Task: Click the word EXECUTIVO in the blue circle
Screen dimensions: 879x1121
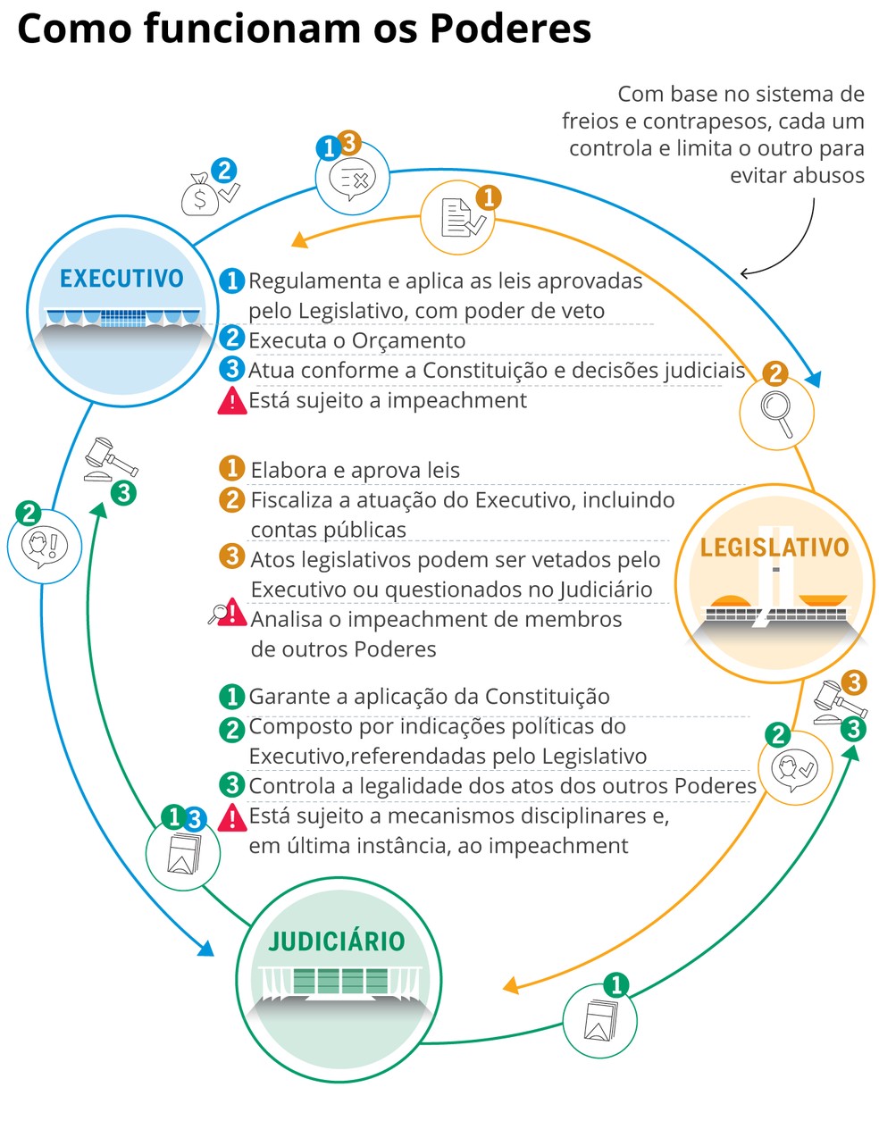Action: click(121, 279)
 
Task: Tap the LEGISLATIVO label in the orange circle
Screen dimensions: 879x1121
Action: click(774, 548)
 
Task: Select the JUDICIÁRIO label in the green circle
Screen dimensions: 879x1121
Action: click(337, 941)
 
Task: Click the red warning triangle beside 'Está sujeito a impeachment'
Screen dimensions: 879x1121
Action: click(232, 401)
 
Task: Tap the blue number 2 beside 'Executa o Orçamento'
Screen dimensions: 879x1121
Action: click(232, 339)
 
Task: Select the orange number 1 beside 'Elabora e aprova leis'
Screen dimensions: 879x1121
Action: click(232, 468)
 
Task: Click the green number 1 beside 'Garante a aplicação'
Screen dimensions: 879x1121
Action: click(232, 697)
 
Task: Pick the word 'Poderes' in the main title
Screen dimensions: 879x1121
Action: click(511, 29)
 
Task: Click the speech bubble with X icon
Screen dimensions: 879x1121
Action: click(352, 179)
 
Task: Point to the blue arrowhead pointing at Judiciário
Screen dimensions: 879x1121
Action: click(205, 947)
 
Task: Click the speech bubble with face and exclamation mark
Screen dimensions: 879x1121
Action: click(45, 546)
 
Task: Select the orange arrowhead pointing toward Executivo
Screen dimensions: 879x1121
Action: click(300, 240)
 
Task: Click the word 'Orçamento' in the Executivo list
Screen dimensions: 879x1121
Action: click(408, 340)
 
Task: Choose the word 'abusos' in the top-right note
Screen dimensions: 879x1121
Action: click(797, 175)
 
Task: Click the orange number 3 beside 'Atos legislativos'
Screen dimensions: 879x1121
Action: click(232, 557)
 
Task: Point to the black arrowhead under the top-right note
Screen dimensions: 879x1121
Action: click(745, 273)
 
